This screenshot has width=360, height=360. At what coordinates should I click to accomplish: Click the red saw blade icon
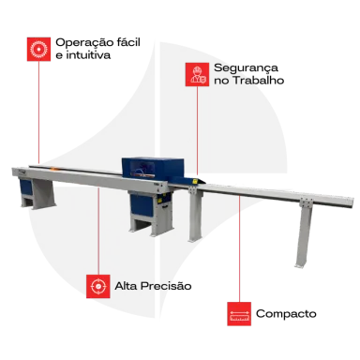point(38,49)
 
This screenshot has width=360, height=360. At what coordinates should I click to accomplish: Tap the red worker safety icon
point(197,74)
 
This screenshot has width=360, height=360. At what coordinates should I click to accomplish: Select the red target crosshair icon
point(98,286)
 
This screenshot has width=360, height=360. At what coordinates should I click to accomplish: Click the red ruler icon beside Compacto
point(239,314)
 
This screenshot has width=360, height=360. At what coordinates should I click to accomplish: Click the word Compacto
point(286,313)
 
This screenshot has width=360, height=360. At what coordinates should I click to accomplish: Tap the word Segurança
point(246,68)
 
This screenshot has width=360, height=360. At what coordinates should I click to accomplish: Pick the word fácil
point(128,42)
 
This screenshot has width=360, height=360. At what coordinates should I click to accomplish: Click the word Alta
point(126,286)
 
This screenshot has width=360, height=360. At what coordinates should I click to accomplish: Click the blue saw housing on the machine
point(153,169)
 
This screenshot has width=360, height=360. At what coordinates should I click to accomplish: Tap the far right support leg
point(304,235)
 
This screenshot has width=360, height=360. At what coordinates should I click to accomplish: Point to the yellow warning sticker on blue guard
point(195,181)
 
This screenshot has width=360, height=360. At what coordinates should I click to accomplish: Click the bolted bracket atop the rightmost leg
point(306,202)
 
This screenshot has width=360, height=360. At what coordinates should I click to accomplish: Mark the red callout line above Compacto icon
point(240,248)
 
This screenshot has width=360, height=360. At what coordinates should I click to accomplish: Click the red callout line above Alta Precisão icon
point(98,231)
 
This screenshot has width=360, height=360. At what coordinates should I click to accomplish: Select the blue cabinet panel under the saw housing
point(142,205)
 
